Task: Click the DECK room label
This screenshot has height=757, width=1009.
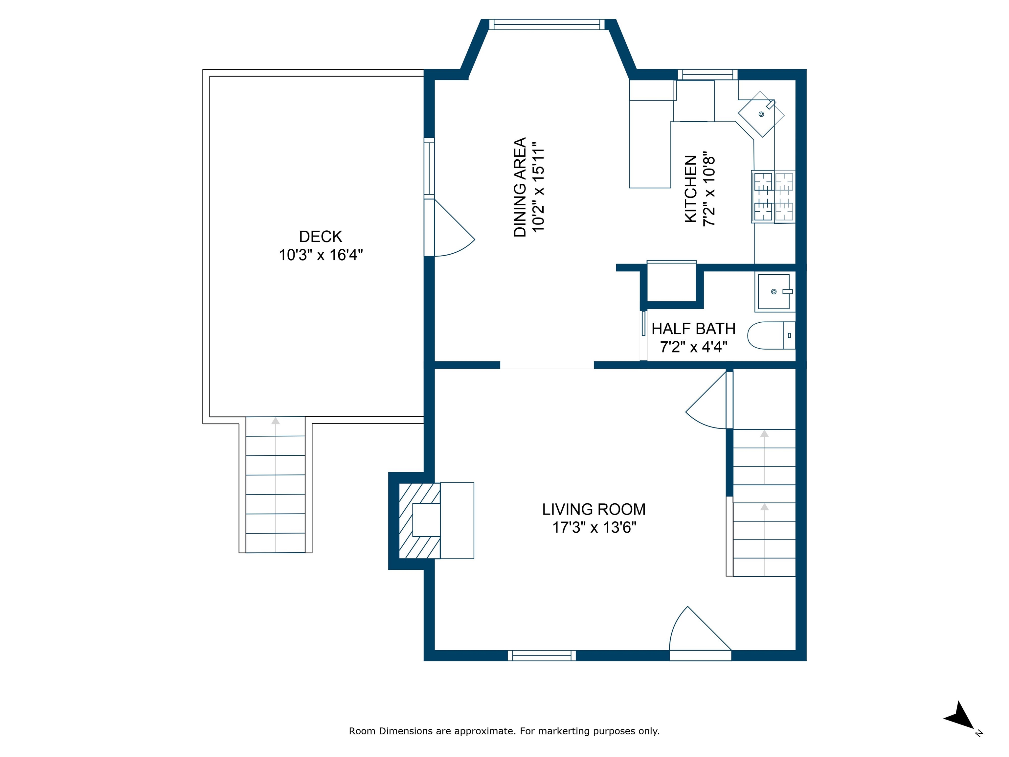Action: click(x=321, y=236)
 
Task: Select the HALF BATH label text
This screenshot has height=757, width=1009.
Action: click(x=693, y=329)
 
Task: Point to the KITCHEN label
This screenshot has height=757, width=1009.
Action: click(x=691, y=189)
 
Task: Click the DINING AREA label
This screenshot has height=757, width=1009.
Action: click(x=520, y=187)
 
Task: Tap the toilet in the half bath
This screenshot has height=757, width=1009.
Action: click(x=771, y=335)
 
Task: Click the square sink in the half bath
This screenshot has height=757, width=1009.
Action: click(x=774, y=292)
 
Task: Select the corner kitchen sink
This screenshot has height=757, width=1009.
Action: click(x=761, y=114)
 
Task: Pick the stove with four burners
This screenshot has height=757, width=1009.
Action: click(x=774, y=197)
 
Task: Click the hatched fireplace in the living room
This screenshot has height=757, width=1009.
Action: click(x=420, y=521)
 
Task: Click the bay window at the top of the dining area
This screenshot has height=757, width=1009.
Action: click(x=547, y=24)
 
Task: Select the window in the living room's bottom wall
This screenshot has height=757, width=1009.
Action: click(x=542, y=656)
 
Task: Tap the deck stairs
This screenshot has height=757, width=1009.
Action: click(x=276, y=485)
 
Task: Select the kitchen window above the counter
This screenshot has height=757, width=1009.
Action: click(x=707, y=74)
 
